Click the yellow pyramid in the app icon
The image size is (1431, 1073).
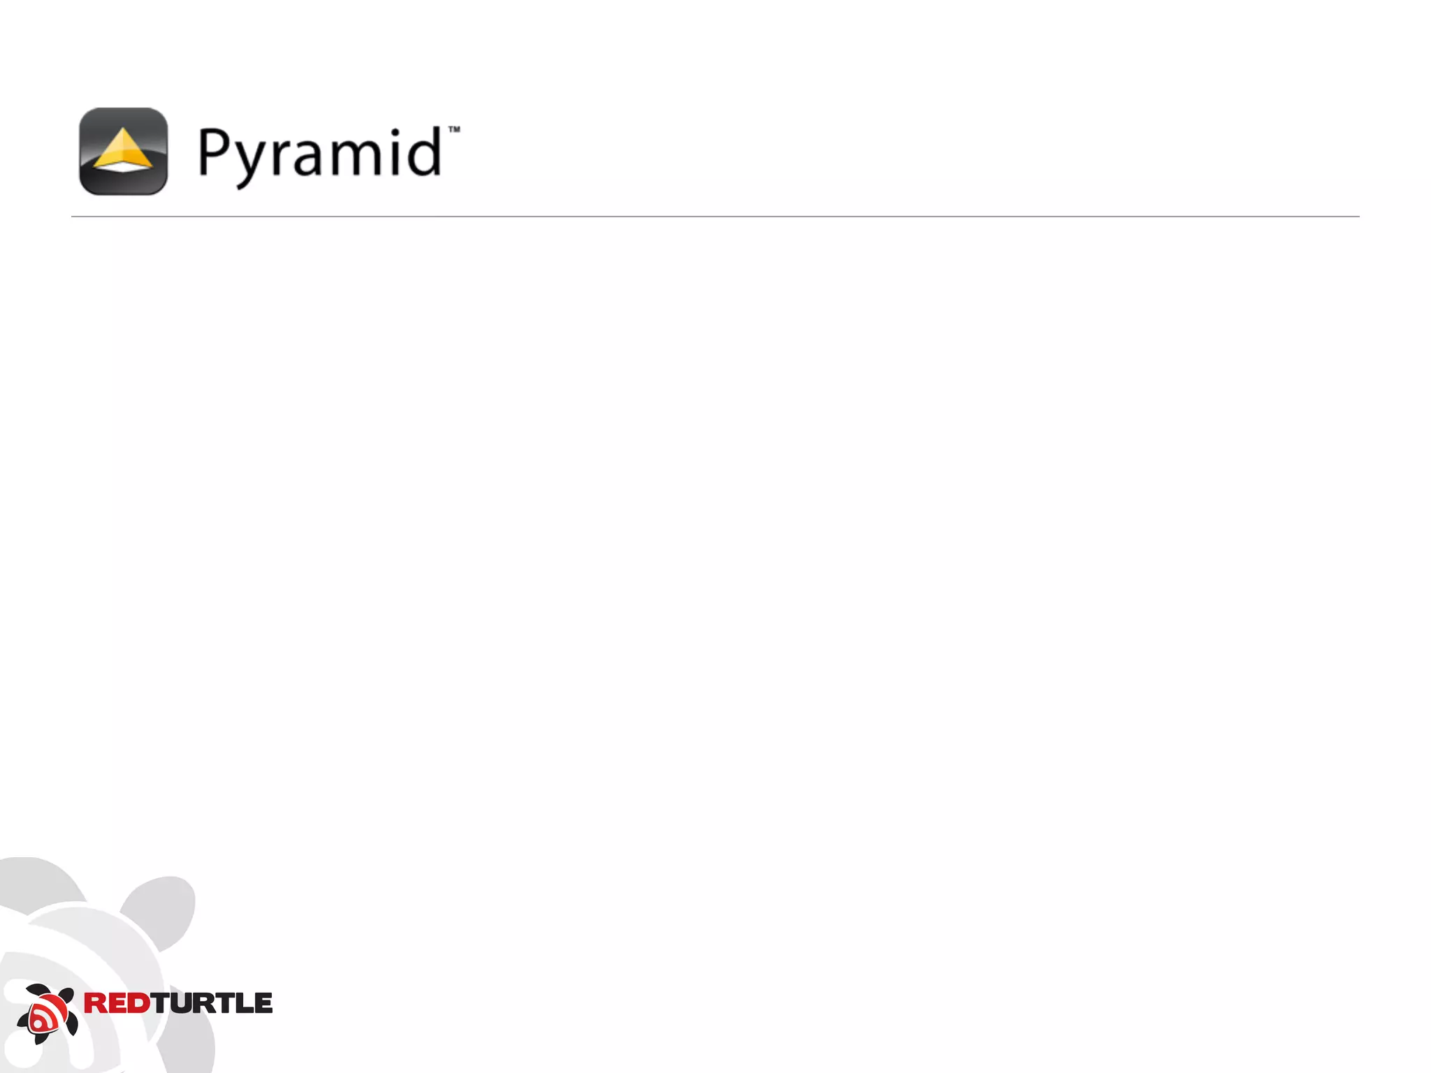point(123,149)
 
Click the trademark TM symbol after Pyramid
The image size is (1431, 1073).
point(454,129)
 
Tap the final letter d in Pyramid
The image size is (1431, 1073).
point(426,151)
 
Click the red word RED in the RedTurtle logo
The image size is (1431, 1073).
point(117,1003)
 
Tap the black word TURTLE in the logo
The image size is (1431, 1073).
point(212,1003)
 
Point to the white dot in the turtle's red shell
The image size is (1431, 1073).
point(37,1024)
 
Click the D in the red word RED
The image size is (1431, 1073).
point(140,1003)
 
